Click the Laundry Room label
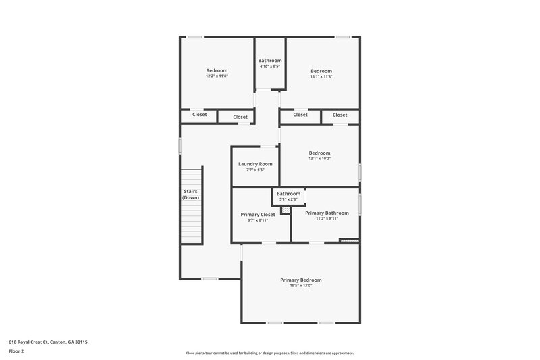pyautogui.click(x=255, y=164)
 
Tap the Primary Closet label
pyautogui.click(x=258, y=215)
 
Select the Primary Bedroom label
pyautogui.click(x=301, y=280)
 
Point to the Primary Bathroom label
pyautogui.click(x=327, y=213)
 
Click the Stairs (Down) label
pyautogui.click(x=190, y=195)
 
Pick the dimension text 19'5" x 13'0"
pyautogui.click(x=301, y=286)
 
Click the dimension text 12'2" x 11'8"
pyautogui.click(x=217, y=76)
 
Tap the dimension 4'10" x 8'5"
pyautogui.click(x=269, y=66)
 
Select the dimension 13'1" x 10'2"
pyautogui.click(x=319, y=159)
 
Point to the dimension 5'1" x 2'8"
pyautogui.click(x=288, y=199)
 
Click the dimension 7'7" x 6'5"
pyautogui.click(x=255, y=170)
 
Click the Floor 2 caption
pyautogui.click(x=16, y=351)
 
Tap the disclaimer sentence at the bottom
pyautogui.click(x=269, y=353)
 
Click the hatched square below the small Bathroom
pyautogui.click(x=286, y=210)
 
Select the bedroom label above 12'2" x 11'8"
pyautogui.click(x=217, y=70)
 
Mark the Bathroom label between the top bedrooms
pyautogui.click(x=269, y=60)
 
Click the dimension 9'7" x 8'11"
pyautogui.click(x=258, y=220)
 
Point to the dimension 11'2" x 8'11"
pyautogui.click(x=327, y=218)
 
